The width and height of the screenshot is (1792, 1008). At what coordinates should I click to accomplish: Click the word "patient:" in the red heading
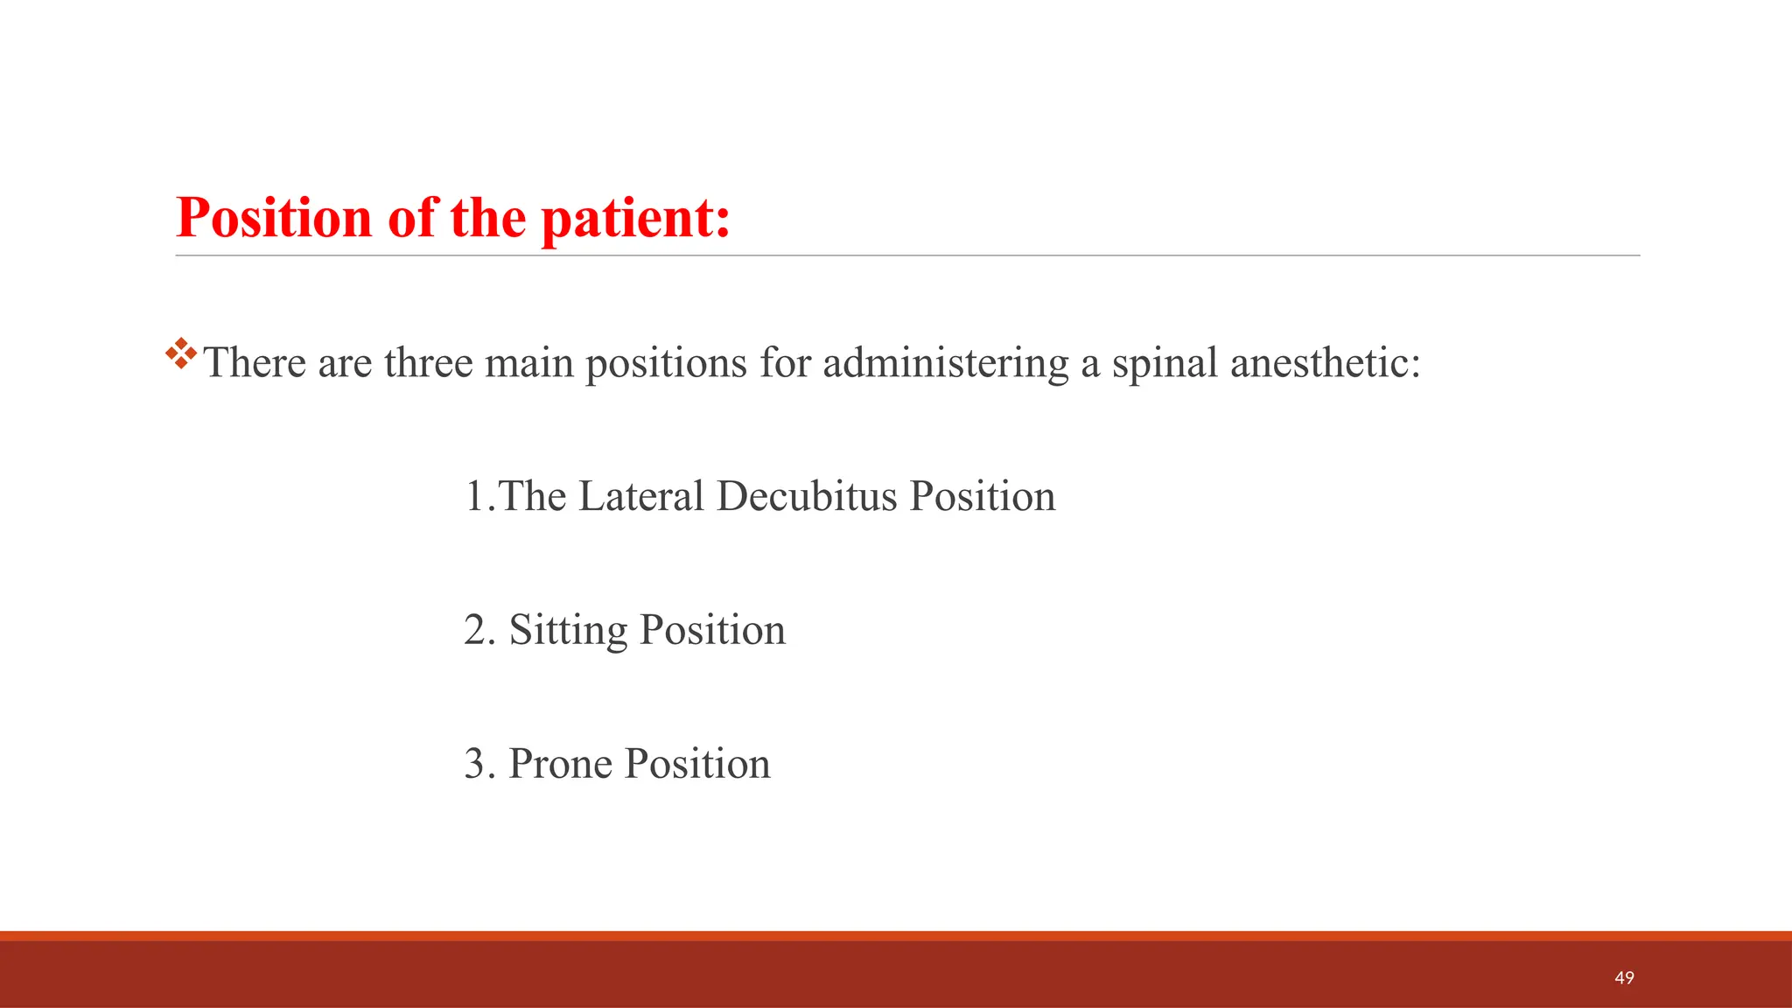(635, 219)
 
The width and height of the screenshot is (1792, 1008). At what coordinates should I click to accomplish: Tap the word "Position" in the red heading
(274, 217)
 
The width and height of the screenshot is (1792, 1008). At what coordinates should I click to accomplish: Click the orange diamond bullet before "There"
(181, 353)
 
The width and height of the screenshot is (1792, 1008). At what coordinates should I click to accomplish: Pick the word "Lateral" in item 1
(640, 496)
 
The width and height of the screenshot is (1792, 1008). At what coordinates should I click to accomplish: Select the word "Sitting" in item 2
(568, 631)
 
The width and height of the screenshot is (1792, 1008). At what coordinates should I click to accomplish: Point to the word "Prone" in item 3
(560, 764)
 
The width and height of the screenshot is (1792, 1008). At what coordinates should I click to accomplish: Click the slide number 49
(1624, 977)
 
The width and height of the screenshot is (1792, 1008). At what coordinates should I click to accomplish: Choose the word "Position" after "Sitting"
(712, 630)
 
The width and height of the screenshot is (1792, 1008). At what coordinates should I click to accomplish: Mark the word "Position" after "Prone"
(697, 764)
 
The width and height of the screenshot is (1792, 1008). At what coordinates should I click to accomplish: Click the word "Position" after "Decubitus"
(982, 496)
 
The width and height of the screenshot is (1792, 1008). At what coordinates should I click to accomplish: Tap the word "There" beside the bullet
(255, 362)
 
